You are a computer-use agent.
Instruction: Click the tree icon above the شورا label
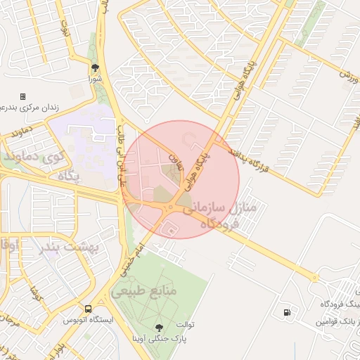point(94,68)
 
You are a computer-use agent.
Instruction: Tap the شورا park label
point(94,79)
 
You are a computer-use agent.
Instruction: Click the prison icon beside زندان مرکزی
point(22,96)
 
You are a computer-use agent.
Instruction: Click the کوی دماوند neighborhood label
point(34,156)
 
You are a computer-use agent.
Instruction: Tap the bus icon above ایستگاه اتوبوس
point(88,309)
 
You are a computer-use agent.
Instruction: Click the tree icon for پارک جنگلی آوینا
point(158,327)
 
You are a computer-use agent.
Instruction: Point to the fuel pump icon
point(287,312)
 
